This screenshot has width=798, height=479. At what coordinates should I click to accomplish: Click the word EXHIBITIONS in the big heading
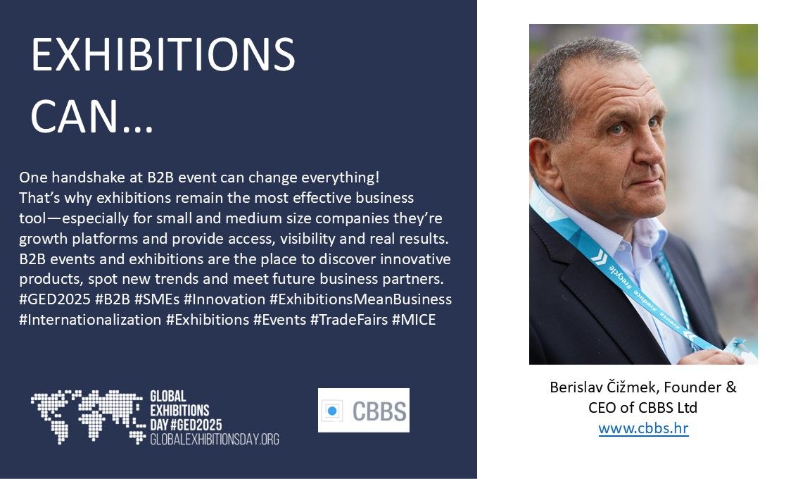tap(163, 54)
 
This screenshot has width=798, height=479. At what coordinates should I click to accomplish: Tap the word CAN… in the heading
tap(91, 116)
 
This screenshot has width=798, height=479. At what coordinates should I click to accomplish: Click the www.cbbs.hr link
tap(643, 428)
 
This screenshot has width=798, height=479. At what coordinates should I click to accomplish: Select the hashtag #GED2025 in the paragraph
tap(55, 299)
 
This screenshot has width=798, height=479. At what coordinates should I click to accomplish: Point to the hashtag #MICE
tap(414, 320)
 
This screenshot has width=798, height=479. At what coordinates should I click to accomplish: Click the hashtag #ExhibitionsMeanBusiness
tap(360, 299)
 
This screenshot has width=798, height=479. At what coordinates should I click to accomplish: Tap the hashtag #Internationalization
tap(90, 320)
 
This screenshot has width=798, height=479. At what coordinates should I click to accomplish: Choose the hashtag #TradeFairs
tap(348, 320)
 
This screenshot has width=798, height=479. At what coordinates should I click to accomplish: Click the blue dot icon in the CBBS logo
tap(332, 410)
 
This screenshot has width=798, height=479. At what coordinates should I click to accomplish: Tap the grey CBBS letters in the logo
tap(380, 411)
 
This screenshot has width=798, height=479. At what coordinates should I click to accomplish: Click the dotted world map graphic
tap(87, 416)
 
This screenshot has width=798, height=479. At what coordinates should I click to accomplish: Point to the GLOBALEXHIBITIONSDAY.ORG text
tap(214, 440)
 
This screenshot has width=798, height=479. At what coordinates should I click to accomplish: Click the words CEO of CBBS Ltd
tap(642, 408)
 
